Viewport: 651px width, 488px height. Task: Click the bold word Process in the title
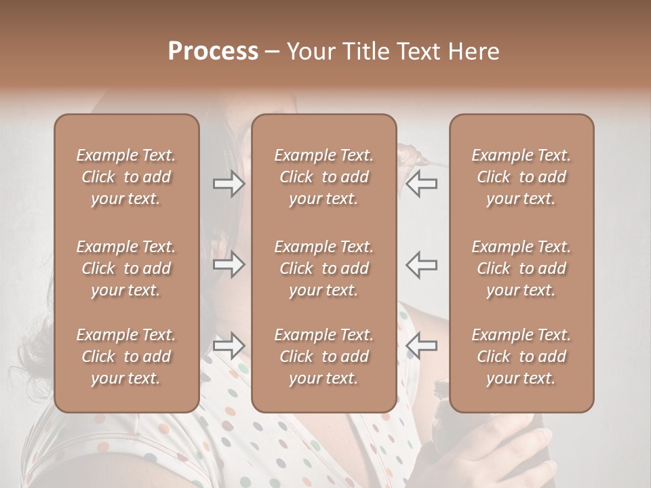pyautogui.click(x=213, y=52)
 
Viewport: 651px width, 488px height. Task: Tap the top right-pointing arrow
pyautogui.click(x=229, y=184)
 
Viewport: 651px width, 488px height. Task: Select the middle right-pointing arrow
pyautogui.click(x=229, y=264)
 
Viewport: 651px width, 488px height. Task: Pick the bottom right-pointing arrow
pyautogui.click(x=229, y=346)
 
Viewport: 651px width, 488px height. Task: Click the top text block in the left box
pyautogui.click(x=126, y=177)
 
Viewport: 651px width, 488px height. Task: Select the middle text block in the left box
pyautogui.click(x=126, y=268)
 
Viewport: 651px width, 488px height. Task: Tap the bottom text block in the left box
pyautogui.click(x=126, y=357)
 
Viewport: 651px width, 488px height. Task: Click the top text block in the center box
pyautogui.click(x=324, y=177)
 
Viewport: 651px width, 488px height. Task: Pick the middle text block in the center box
pyautogui.click(x=324, y=268)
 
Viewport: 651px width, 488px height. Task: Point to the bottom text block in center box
pyautogui.click(x=324, y=357)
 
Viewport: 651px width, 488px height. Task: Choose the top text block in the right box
pyautogui.click(x=521, y=177)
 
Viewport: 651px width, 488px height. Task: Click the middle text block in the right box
pyautogui.click(x=521, y=268)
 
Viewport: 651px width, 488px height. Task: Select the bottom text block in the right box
pyautogui.click(x=521, y=357)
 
